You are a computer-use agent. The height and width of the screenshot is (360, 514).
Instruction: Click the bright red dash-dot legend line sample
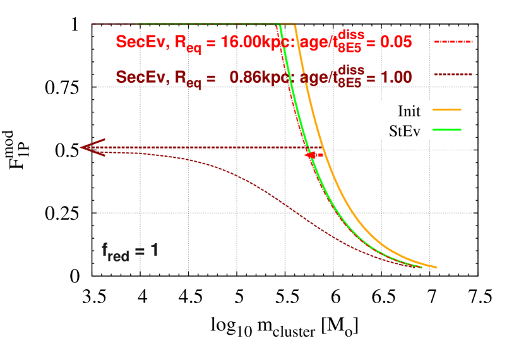point(453,42)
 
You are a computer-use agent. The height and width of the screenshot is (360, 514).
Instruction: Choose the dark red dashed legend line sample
point(453,75)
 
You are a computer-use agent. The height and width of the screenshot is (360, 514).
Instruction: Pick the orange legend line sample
point(446,110)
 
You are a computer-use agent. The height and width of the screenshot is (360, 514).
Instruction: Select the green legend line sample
point(446,129)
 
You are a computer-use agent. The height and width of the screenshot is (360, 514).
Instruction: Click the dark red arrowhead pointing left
point(90,147)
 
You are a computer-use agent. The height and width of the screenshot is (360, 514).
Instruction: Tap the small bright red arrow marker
point(311,155)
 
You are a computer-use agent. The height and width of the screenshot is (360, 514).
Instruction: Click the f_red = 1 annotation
point(129,251)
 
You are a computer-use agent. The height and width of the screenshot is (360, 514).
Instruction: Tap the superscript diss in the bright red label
point(352,33)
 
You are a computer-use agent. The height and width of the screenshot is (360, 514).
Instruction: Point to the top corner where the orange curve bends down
point(296,25)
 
